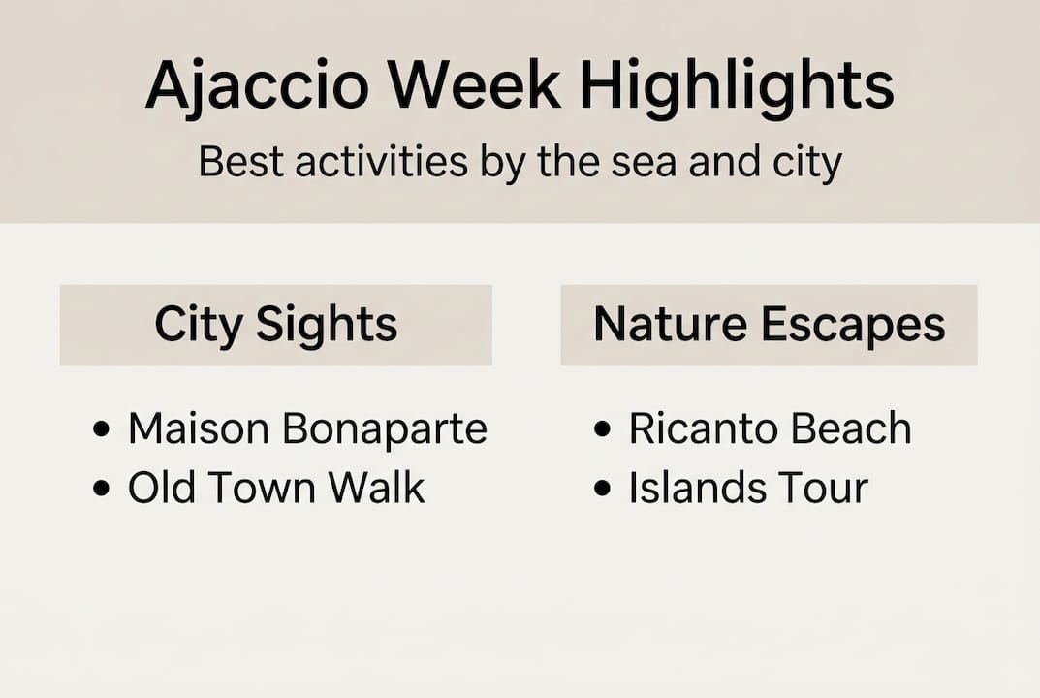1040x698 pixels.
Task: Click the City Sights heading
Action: [276, 325]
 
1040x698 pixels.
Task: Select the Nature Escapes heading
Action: [769, 325]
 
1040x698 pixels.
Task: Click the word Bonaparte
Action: [385, 428]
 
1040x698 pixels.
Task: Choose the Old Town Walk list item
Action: [276, 488]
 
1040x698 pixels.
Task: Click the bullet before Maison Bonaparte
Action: [101, 429]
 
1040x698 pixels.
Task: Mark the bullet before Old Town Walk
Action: [101, 489]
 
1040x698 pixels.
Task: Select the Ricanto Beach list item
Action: [770, 428]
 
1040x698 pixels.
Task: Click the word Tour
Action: [823, 488]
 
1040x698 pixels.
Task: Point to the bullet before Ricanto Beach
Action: [603, 429]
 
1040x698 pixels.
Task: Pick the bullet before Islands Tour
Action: [603, 489]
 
